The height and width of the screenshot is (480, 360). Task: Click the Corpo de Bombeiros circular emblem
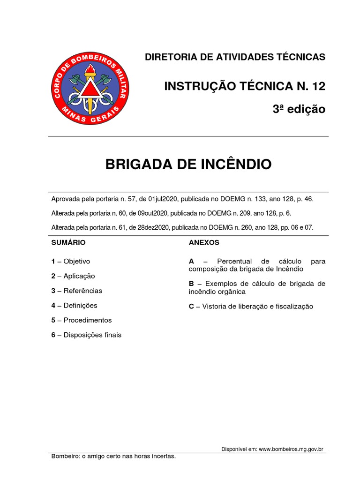click(x=90, y=89)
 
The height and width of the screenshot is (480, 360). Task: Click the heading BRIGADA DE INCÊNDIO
click(x=188, y=165)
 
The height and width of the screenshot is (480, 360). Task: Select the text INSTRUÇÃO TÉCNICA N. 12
click(x=244, y=86)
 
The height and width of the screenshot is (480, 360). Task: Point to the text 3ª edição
click(x=299, y=109)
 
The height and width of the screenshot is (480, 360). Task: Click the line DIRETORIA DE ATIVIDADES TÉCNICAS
click(x=235, y=57)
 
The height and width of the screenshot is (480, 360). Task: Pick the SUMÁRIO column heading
click(x=68, y=243)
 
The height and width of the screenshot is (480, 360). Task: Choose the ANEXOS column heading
click(x=204, y=243)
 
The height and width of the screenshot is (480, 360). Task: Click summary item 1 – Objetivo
click(x=71, y=262)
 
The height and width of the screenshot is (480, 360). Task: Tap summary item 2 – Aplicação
click(x=73, y=276)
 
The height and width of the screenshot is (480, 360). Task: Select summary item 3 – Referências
click(x=76, y=291)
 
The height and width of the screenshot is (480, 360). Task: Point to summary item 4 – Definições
click(x=75, y=306)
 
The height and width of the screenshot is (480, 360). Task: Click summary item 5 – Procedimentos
click(x=82, y=320)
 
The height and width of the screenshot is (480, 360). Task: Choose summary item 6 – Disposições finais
click(x=86, y=335)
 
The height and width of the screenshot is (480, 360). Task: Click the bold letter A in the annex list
click(x=191, y=261)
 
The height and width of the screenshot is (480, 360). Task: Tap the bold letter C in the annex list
click(x=191, y=307)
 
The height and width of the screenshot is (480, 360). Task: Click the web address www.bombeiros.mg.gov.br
click(x=291, y=449)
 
